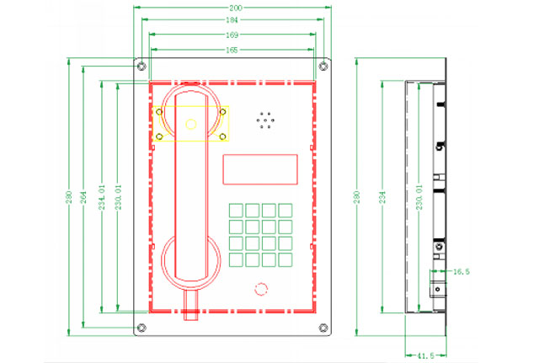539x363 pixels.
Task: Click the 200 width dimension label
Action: (x=231, y=6)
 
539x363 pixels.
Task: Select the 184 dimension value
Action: (x=231, y=19)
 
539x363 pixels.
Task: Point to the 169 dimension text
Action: (x=231, y=35)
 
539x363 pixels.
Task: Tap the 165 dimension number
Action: (x=231, y=51)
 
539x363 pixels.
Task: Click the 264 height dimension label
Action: (x=83, y=196)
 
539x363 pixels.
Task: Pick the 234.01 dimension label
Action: (x=101, y=196)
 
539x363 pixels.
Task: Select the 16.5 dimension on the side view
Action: (x=461, y=272)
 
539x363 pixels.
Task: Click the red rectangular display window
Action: (x=260, y=169)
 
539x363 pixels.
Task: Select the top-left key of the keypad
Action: (x=237, y=210)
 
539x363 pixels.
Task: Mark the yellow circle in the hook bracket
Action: (x=191, y=125)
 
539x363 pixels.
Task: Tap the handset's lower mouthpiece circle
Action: (x=192, y=258)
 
